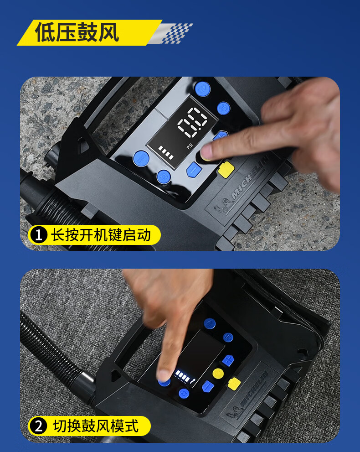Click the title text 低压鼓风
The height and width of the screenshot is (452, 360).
coord(77,32)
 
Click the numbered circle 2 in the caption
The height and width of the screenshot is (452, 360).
coord(39,426)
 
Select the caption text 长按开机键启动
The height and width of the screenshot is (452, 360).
coord(101,235)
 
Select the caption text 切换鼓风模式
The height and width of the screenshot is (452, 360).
coord(96,426)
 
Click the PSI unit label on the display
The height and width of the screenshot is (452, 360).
coord(190,146)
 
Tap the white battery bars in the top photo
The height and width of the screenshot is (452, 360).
coord(166,153)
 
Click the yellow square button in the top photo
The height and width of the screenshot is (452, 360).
coord(226,170)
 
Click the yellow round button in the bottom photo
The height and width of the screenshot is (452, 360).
coord(218,374)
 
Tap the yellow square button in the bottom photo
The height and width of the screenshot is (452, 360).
coord(234,384)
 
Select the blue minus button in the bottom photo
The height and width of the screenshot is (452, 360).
coord(208,386)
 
